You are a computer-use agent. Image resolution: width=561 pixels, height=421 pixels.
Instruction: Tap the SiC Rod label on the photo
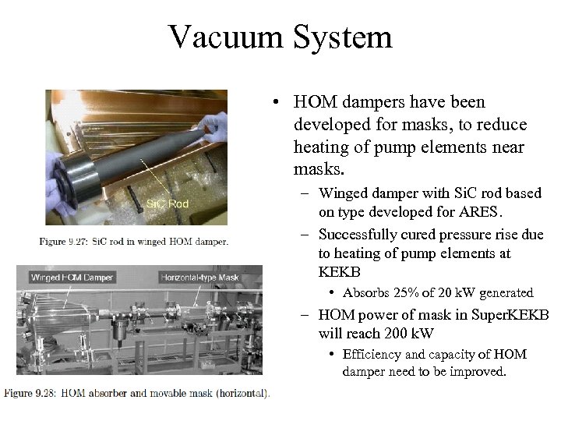[x=167, y=203]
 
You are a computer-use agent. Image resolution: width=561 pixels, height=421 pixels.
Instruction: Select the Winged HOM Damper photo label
[x=72, y=277]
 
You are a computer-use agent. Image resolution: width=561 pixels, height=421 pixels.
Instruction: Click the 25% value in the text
[x=404, y=293]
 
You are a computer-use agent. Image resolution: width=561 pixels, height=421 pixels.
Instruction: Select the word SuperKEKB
[x=510, y=315]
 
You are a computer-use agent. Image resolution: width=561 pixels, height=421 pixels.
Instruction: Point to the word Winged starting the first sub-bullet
[x=343, y=193]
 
